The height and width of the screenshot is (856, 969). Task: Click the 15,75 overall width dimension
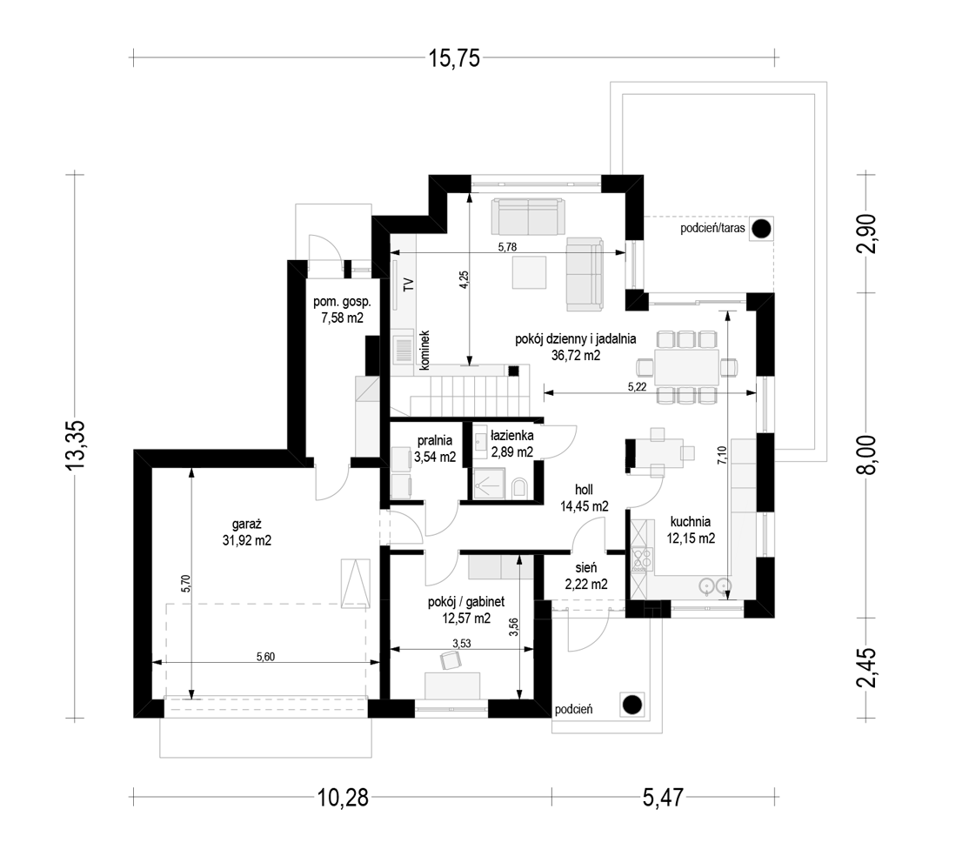pyautogui.click(x=454, y=58)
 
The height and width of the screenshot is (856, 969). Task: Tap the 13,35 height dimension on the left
pyautogui.click(x=76, y=445)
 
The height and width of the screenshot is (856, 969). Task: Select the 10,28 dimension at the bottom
pyautogui.click(x=343, y=798)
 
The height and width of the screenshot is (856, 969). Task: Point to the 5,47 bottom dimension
pyautogui.click(x=663, y=798)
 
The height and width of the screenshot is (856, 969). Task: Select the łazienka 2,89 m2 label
pyautogui.click(x=511, y=444)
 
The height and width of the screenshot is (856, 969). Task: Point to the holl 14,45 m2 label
pyautogui.click(x=584, y=498)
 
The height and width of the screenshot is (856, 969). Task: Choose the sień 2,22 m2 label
pyautogui.click(x=586, y=576)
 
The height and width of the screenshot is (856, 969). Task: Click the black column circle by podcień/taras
pyautogui.click(x=761, y=229)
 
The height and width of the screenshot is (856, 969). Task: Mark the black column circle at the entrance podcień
pyautogui.click(x=632, y=704)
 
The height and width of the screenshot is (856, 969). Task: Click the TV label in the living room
pyautogui.click(x=408, y=285)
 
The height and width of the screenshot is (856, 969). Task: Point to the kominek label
pyautogui.click(x=424, y=350)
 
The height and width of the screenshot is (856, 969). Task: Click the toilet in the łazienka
pyautogui.click(x=519, y=488)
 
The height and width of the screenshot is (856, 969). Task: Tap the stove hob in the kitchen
pyautogui.click(x=643, y=559)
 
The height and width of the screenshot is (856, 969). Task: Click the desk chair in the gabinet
pyautogui.click(x=451, y=660)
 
